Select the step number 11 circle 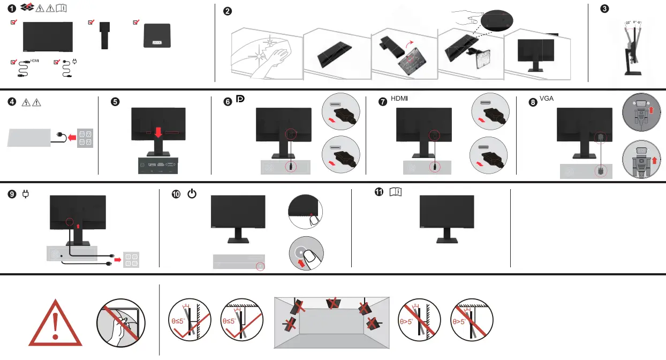[x=379, y=192]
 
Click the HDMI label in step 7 [x=399, y=99]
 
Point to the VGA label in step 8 [x=547, y=99]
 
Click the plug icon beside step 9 [x=25, y=194]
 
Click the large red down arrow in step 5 [x=156, y=131]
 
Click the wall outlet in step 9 [x=132, y=259]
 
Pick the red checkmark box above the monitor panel [x=14, y=22]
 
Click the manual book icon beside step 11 [x=396, y=192]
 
